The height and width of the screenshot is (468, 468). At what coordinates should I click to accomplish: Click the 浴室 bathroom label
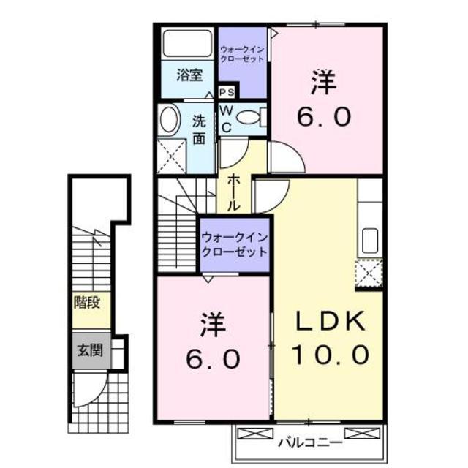pos(189,75)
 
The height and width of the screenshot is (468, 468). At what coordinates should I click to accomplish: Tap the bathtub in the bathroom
pos(187,43)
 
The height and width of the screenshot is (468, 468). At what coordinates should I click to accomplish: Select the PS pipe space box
pos(227,92)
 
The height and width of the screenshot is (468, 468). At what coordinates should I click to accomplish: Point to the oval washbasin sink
pos(170,119)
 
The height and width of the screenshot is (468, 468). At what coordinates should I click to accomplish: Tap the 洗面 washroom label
pos(199,129)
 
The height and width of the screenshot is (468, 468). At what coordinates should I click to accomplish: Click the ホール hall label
pos(233,193)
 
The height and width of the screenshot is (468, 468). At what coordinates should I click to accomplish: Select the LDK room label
pos(331,321)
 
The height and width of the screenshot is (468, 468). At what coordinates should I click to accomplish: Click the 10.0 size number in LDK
pos(331,355)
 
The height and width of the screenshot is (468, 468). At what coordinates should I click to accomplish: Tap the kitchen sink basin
pos(370,241)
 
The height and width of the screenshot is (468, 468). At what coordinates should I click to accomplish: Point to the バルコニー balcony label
pos(310,442)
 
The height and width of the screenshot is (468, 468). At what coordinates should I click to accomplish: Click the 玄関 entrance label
pos(90,350)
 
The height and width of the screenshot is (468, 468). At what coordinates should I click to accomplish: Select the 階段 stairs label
pos(87,303)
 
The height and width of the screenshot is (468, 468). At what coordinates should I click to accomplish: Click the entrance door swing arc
pos(96,393)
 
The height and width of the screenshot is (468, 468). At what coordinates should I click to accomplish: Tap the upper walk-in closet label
pos(242,54)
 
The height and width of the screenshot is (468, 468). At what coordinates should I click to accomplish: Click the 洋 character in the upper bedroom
pos(324,82)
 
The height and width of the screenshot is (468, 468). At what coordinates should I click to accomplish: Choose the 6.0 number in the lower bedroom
pos(213,358)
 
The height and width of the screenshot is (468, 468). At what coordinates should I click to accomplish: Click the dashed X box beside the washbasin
pos(172,156)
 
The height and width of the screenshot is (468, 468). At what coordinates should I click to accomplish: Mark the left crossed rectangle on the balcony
pos(255,434)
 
